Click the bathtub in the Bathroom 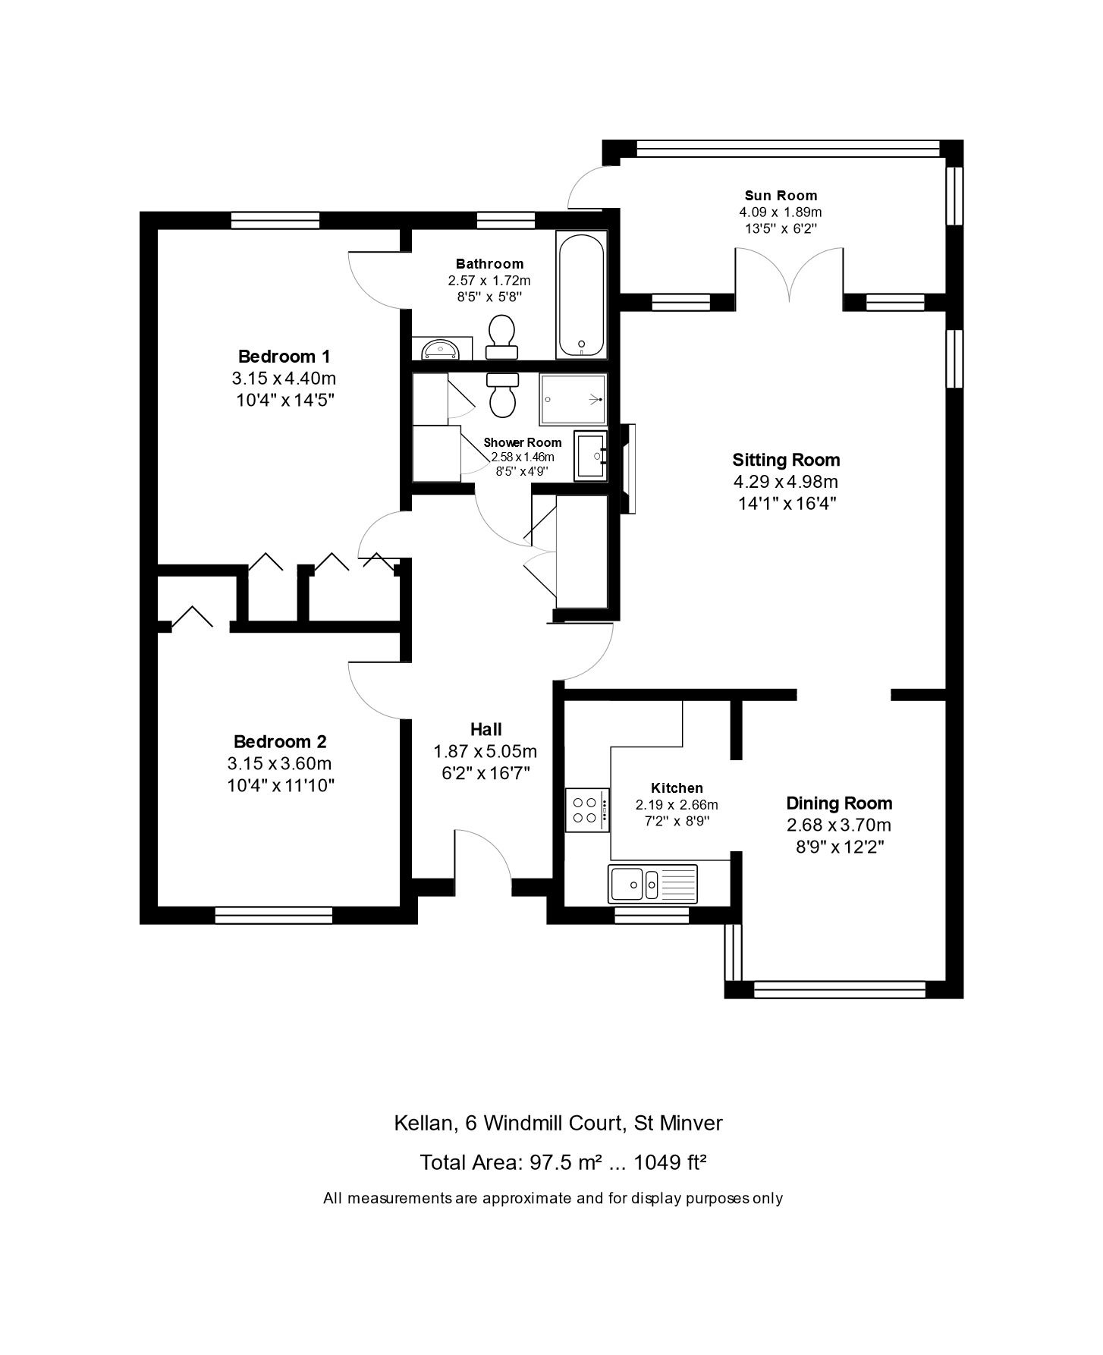(582, 294)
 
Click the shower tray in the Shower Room (573, 399)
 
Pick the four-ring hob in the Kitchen (587, 810)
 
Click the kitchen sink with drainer (653, 883)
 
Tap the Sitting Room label (786, 460)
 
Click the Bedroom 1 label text (284, 356)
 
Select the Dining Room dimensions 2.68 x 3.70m (838, 825)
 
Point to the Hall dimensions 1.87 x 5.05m (486, 751)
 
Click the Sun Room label (781, 196)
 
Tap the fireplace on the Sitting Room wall (627, 468)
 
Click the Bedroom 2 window (274, 916)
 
